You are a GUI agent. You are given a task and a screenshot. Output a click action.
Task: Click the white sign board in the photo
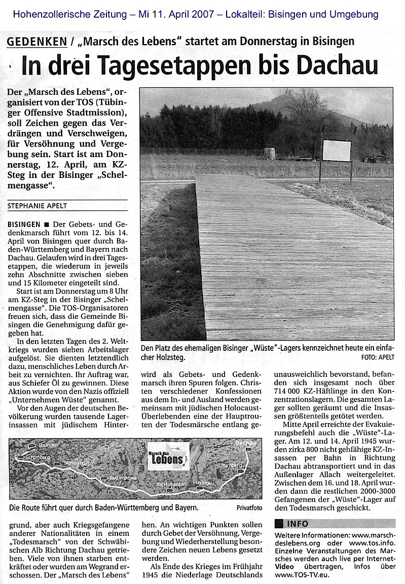337,150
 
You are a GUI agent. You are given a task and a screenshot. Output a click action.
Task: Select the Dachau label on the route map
245,443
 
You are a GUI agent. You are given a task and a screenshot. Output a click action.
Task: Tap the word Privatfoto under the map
249,506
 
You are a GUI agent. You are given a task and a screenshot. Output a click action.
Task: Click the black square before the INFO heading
278,523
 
